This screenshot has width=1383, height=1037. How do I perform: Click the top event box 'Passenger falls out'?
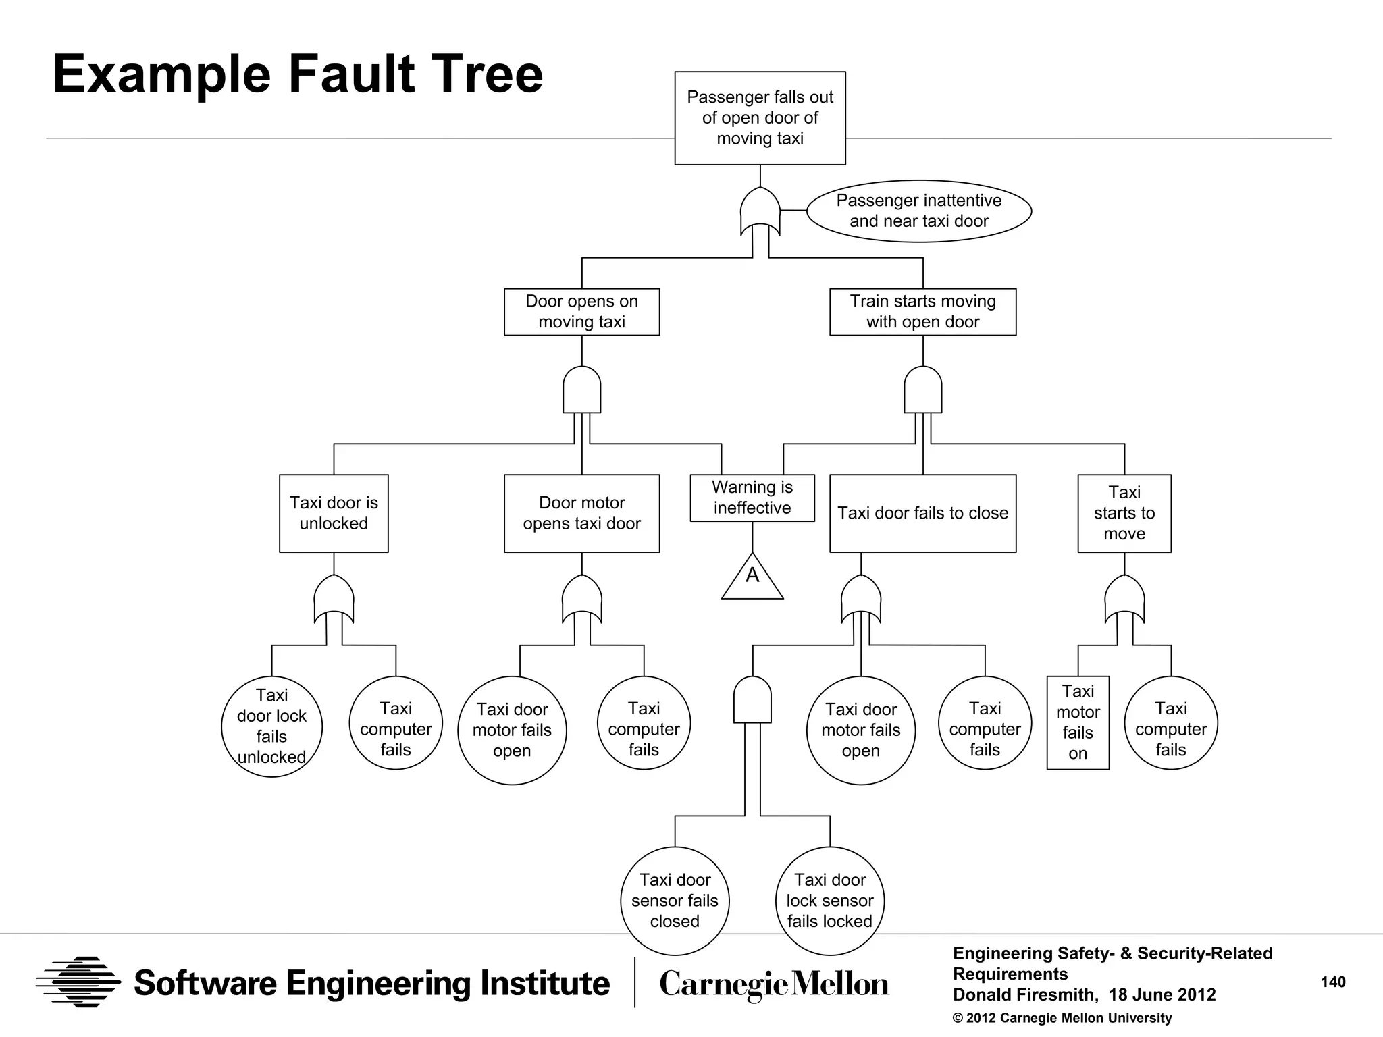(x=760, y=117)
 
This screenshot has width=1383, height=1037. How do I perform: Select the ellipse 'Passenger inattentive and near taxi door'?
(x=918, y=211)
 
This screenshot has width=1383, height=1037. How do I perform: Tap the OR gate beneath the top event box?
(x=760, y=211)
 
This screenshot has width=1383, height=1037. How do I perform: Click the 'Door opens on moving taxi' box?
(x=581, y=311)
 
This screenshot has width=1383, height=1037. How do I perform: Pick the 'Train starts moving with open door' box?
(x=922, y=311)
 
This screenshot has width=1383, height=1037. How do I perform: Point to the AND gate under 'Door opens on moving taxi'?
(x=581, y=390)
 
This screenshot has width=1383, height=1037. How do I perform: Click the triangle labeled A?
(x=752, y=579)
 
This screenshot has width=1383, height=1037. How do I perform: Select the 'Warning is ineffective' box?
(x=752, y=498)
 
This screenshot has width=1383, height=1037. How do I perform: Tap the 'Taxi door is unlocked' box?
(x=334, y=513)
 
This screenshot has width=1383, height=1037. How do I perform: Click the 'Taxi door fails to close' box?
(x=922, y=513)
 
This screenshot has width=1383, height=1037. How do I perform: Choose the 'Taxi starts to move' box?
(x=1124, y=513)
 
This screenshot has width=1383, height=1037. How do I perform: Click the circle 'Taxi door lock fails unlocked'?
(x=271, y=726)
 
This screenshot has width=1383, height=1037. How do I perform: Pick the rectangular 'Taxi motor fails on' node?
(x=1078, y=722)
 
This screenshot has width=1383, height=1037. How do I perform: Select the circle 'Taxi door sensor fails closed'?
(x=675, y=901)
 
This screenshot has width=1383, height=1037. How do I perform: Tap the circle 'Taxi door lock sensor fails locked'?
(x=830, y=901)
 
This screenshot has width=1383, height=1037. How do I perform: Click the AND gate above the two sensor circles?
(x=752, y=700)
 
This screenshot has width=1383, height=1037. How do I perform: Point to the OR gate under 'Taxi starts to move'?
(x=1124, y=599)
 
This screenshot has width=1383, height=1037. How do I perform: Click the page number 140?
(x=1333, y=982)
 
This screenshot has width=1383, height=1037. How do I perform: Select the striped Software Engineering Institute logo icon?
(x=78, y=982)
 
